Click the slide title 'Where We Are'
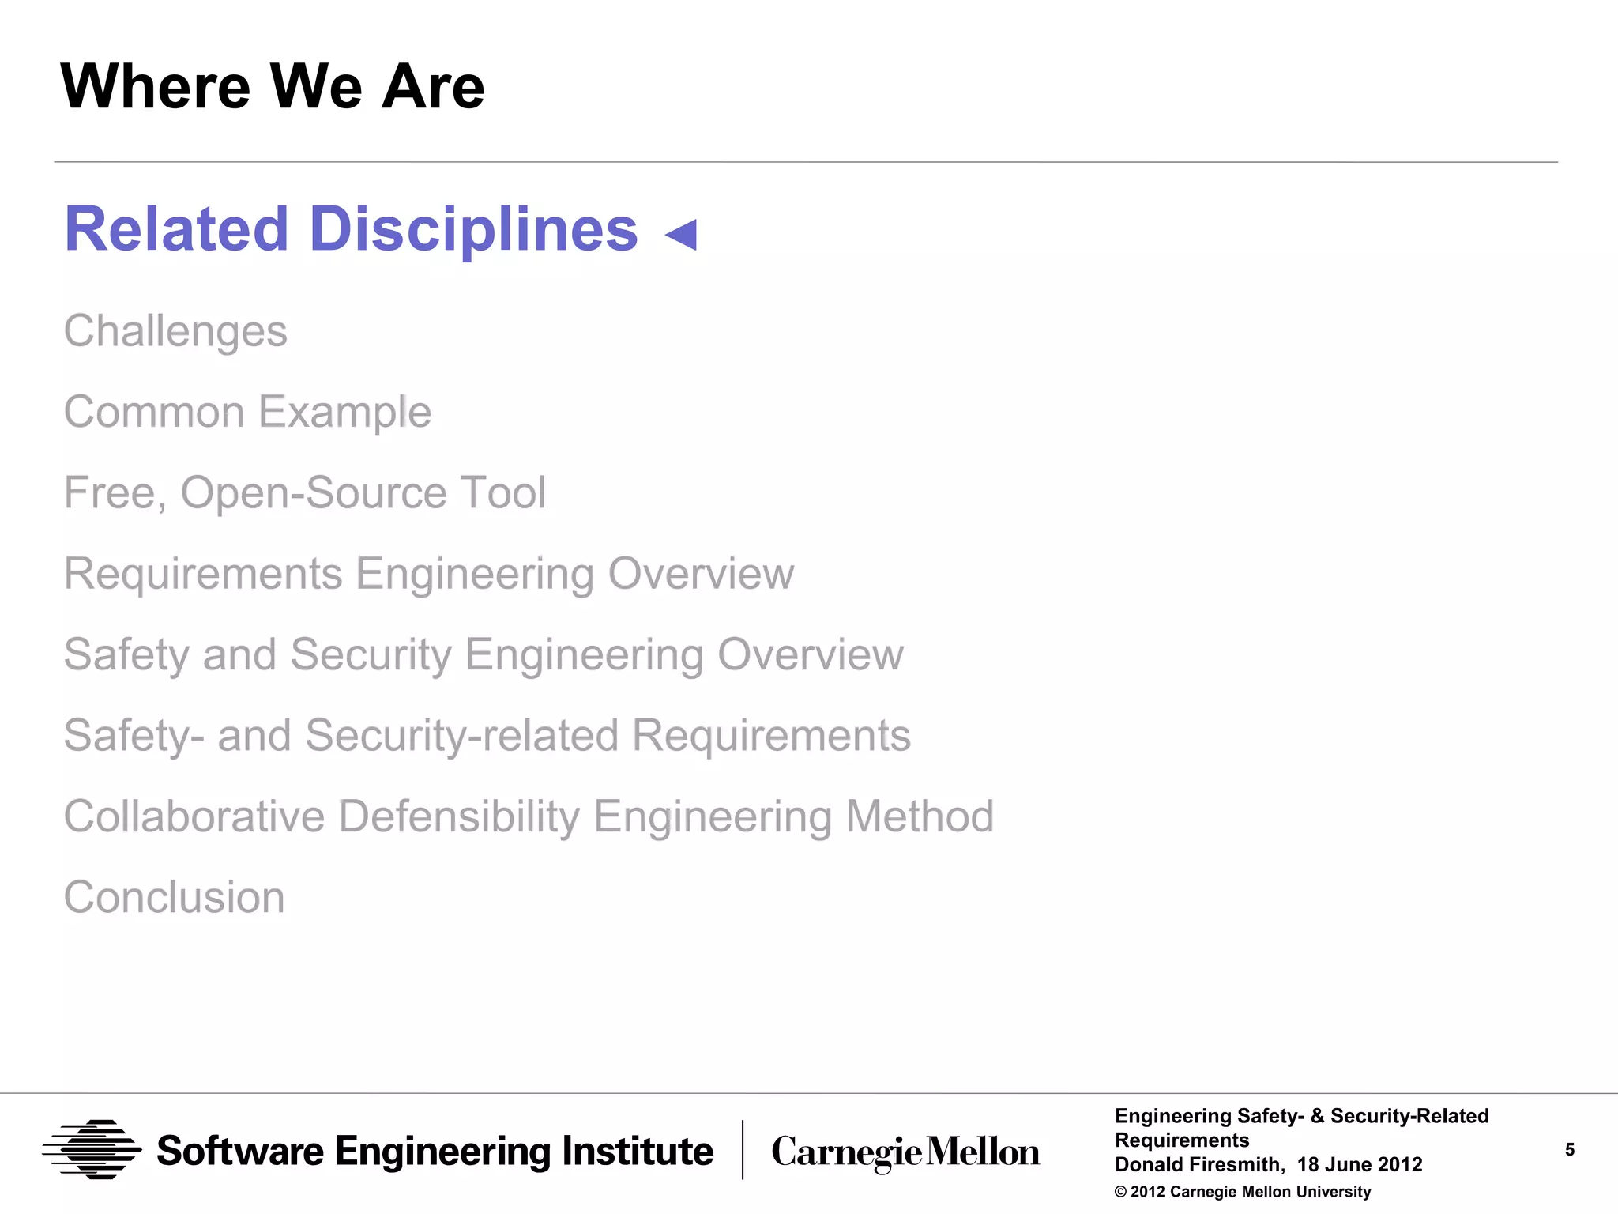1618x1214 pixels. tap(273, 86)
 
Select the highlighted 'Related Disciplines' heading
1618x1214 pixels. tap(351, 229)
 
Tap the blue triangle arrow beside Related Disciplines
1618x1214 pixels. tap(682, 234)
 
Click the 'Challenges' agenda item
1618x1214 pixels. tap(175, 330)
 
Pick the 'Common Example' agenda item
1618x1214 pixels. tap(247, 412)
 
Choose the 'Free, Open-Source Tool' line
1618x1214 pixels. tap(305, 492)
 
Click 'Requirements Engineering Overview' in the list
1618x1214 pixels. tap(429, 573)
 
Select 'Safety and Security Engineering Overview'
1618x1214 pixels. tap(484, 654)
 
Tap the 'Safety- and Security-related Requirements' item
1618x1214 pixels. tap(487, 735)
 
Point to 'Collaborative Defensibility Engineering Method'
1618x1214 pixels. tap(529, 816)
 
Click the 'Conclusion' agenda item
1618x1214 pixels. tap(174, 897)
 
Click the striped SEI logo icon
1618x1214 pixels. tap(92, 1150)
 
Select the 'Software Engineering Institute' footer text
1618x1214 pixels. tap(435, 1151)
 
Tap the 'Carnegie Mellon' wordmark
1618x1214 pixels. tap(905, 1152)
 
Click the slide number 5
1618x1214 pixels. tap(1570, 1150)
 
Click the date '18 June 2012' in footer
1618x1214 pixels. tap(1360, 1164)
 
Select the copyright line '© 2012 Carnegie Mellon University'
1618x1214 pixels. tap(1243, 1192)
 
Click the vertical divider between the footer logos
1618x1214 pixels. tap(743, 1150)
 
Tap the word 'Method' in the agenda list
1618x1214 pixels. tap(920, 816)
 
